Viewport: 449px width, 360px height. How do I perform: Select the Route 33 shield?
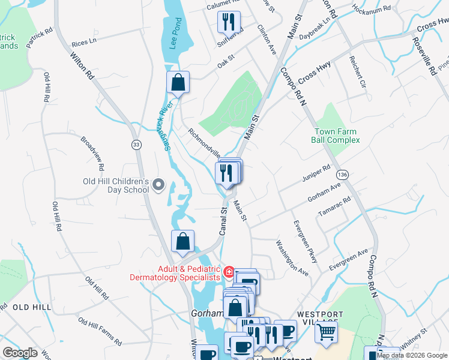(136, 145)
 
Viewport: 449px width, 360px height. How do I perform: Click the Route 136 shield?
(342, 174)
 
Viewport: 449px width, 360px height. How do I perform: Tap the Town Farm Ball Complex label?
(335, 136)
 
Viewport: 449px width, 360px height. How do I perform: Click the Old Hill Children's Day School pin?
(158, 185)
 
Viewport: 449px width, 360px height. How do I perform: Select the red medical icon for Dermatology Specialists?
(228, 272)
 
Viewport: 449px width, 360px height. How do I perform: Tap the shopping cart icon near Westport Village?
(327, 331)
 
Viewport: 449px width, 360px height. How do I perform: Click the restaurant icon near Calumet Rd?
(229, 22)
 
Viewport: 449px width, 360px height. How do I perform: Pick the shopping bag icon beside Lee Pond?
(178, 82)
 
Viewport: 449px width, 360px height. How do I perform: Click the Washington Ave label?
(292, 257)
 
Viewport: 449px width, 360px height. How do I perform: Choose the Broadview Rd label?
(92, 152)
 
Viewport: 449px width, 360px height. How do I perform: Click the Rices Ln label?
(84, 43)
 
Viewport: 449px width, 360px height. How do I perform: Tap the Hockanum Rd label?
(371, 10)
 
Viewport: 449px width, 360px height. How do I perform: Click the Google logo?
(20, 353)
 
